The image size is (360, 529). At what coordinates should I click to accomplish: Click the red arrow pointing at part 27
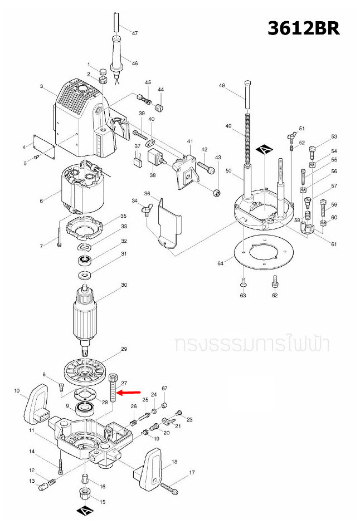(131, 393)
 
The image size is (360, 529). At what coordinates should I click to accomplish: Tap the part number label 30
(124, 285)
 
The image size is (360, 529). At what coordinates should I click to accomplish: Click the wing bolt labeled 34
(145, 209)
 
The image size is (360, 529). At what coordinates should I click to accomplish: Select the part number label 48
(222, 85)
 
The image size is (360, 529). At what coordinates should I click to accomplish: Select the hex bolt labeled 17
(170, 488)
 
